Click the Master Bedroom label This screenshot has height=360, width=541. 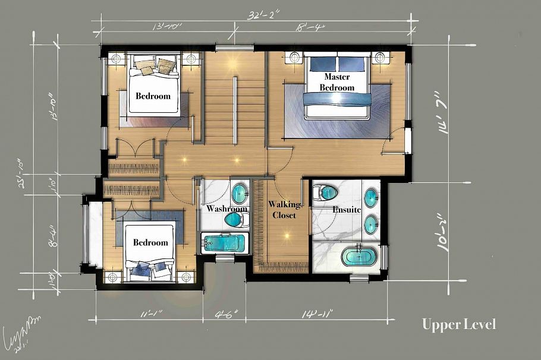coord(337,82)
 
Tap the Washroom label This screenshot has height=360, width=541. coord(227,209)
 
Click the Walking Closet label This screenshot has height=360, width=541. coord(284,210)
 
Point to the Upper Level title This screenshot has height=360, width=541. coord(458,324)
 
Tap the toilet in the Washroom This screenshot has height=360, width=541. coord(236,220)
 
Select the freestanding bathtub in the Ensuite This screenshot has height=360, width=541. coord(359,258)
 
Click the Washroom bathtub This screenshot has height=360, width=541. coord(225,242)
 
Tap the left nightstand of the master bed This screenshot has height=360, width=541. coord(294,58)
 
